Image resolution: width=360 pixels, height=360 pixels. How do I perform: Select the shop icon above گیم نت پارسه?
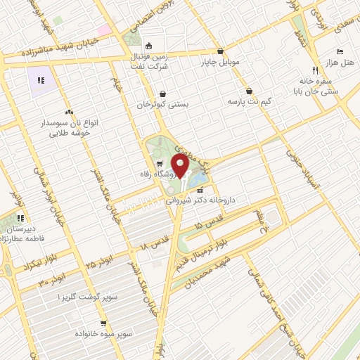tap(250, 91)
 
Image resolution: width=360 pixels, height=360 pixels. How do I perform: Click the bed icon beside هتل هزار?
tap(340, 53)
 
